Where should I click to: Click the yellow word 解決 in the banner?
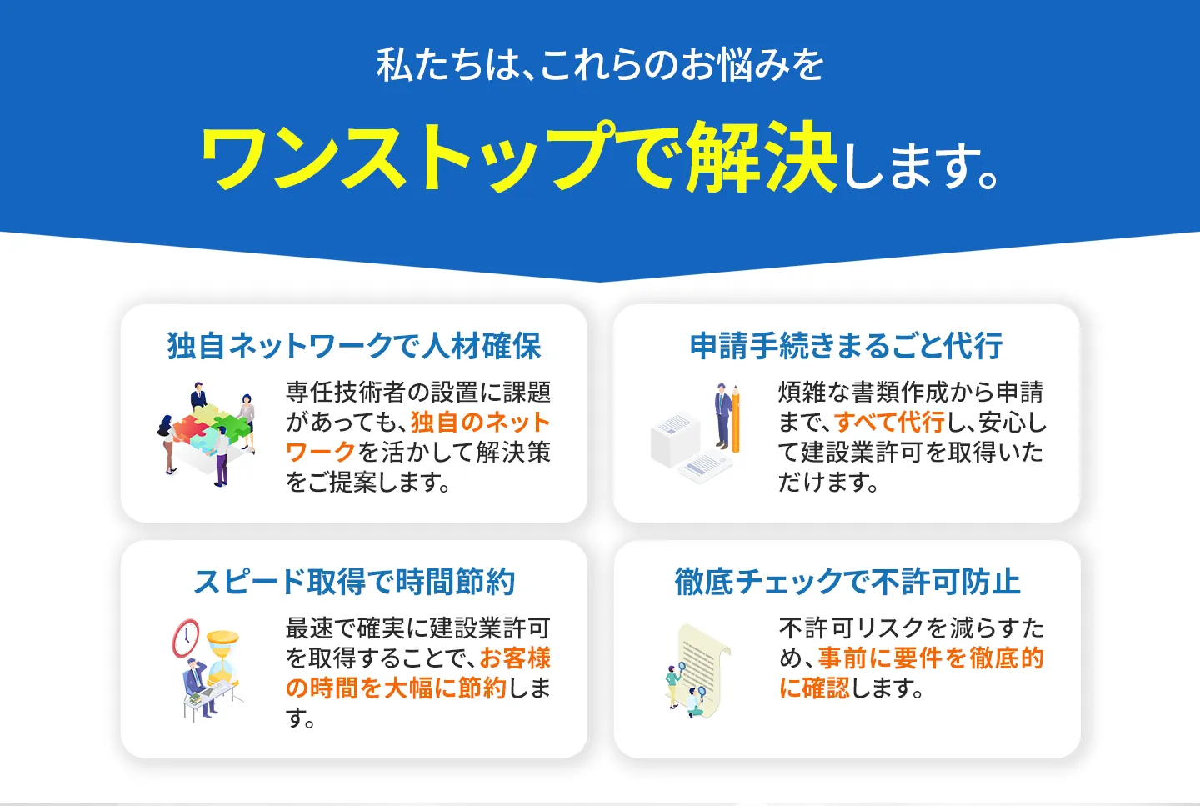click(x=761, y=157)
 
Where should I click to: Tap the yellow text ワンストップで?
click(x=442, y=157)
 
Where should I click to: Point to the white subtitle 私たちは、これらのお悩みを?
click(x=600, y=65)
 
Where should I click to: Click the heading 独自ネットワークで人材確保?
click(x=354, y=346)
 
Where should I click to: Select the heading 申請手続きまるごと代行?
click(x=846, y=346)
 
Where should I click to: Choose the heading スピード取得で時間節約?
click(x=354, y=582)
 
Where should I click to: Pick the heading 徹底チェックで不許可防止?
click(x=847, y=582)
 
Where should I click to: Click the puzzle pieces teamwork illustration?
click(x=207, y=434)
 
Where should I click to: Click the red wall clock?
click(x=185, y=638)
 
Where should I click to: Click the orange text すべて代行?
click(x=889, y=423)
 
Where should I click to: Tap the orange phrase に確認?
click(x=814, y=688)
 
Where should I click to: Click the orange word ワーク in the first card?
click(x=320, y=452)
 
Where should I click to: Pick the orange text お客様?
click(x=515, y=658)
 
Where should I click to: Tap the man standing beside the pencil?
click(x=721, y=417)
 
